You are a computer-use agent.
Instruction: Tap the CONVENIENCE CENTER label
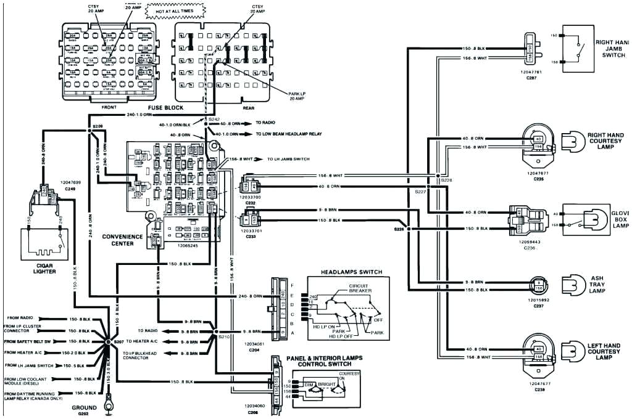[122, 240]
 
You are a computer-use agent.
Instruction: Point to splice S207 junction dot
[108, 341]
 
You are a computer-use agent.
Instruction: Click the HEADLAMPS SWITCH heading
[351, 272]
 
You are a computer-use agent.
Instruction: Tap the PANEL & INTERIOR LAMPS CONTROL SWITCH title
[324, 361]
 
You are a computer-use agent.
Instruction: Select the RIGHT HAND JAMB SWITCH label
[612, 49]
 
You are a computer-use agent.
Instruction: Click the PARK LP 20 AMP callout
[298, 97]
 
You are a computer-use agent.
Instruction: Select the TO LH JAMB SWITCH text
[288, 159]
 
